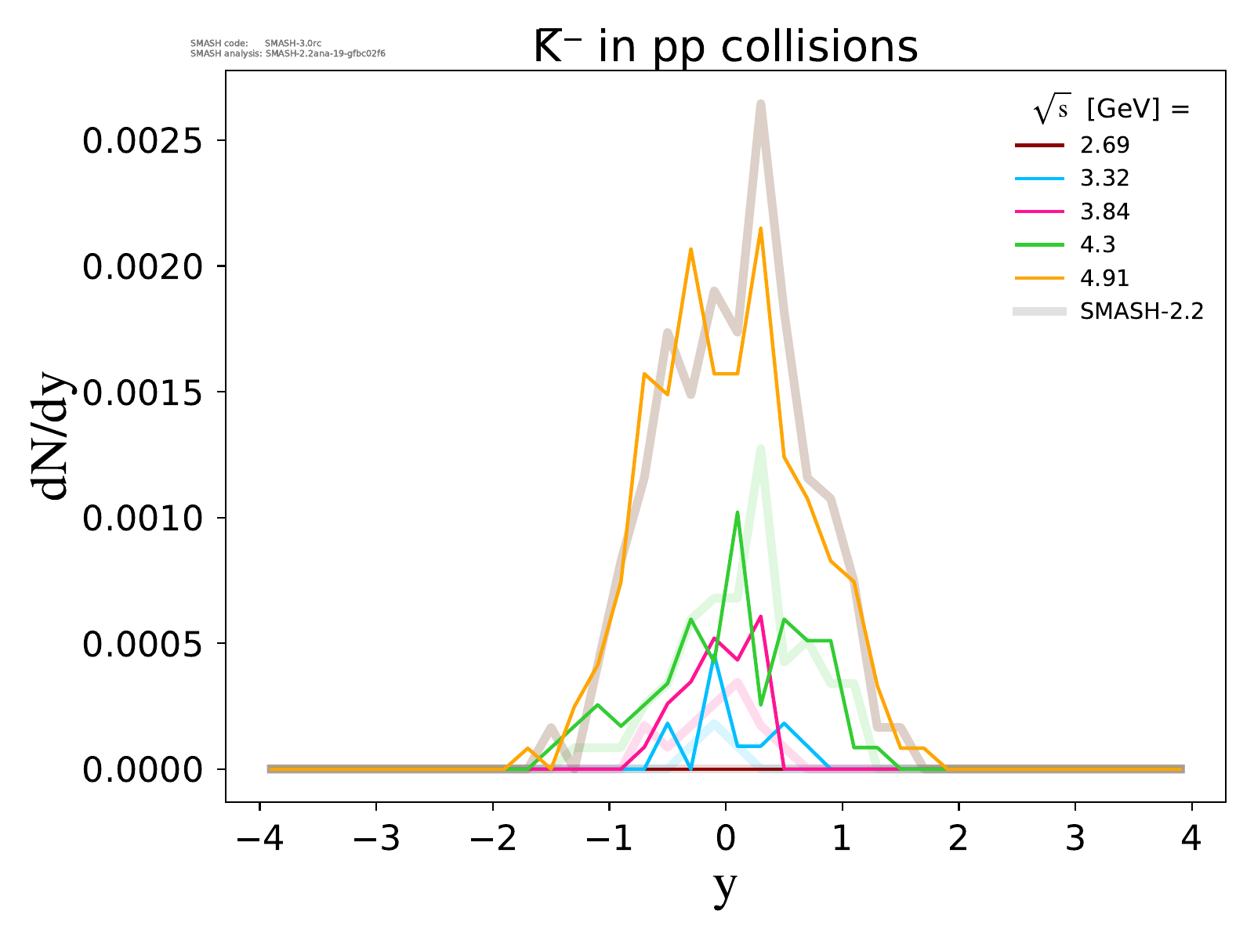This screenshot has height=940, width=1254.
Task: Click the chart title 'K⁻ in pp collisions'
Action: [725, 47]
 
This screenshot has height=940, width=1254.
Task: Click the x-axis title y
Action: [726, 887]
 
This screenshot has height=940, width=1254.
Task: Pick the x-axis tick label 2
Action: [959, 839]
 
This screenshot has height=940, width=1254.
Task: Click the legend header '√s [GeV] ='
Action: [1111, 110]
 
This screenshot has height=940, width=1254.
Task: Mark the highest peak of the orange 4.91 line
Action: [760, 229]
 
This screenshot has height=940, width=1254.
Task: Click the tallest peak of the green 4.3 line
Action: [738, 513]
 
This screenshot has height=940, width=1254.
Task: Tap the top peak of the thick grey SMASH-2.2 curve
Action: [760, 103]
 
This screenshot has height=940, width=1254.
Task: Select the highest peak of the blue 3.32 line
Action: [714, 659]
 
